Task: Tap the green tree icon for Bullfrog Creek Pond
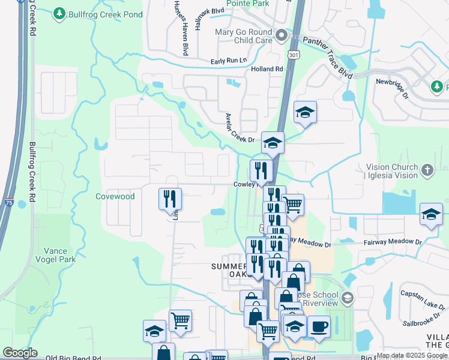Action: (59, 13)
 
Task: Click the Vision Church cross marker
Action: (427, 170)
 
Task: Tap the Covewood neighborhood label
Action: (115, 196)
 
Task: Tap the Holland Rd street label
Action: (267, 69)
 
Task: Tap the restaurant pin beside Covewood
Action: (170, 199)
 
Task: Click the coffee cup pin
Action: (319, 327)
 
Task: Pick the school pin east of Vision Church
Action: (431, 215)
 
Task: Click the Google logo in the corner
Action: (20, 353)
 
